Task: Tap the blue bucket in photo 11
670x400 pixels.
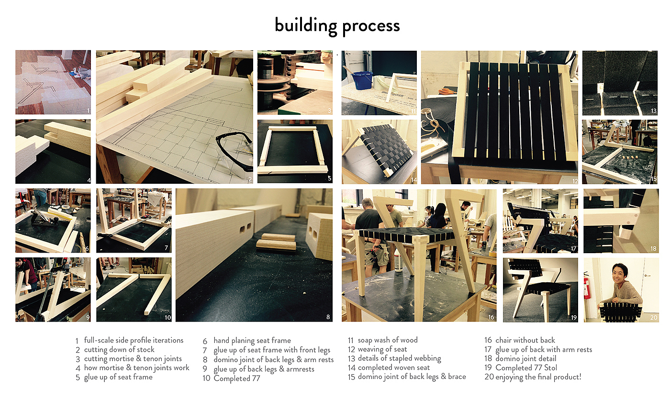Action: click(x=363, y=80)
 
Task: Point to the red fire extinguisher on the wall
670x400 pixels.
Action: click(x=588, y=287)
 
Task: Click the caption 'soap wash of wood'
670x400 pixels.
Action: click(x=387, y=340)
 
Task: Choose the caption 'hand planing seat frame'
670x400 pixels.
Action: click(x=252, y=341)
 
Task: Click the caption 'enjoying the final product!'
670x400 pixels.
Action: click(x=538, y=377)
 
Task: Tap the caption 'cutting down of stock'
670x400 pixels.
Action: click(x=119, y=349)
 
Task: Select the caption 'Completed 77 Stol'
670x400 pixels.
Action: click(x=526, y=368)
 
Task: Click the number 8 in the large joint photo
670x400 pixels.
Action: click(x=328, y=317)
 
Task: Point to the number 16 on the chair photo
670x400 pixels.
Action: click(x=491, y=317)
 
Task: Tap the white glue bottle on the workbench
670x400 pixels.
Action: click(x=398, y=260)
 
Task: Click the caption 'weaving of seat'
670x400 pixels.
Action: click(x=382, y=349)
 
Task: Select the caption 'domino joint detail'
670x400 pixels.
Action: click(x=525, y=358)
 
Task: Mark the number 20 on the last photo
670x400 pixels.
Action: click(x=654, y=318)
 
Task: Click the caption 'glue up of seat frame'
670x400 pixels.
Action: click(x=118, y=378)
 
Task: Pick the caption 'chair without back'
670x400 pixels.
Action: click(x=525, y=340)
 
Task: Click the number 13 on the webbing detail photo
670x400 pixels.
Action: click(x=654, y=111)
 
